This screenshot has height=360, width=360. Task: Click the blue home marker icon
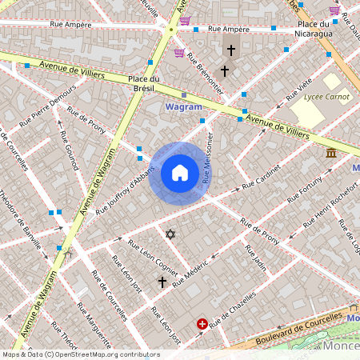pyautogui.click(x=180, y=173)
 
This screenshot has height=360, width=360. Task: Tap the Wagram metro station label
pyautogui.click(x=182, y=106)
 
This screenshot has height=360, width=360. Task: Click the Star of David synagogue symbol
pyautogui.click(x=170, y=234)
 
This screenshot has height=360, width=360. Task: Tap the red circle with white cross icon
pyautogui.click(x=202, y=324)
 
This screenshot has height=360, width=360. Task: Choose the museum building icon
pyautogui.click(x=330, y=153)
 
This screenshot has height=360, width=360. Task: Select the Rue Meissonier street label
pyautogui.click(x=208, y=160)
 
